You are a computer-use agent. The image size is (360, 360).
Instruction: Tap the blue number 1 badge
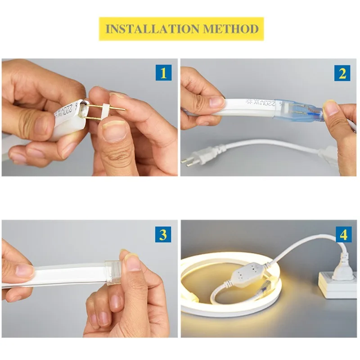coord(163,72)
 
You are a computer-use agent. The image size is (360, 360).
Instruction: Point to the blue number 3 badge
coord(163,234)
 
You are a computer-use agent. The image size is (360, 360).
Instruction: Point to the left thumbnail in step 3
coord(24,270)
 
